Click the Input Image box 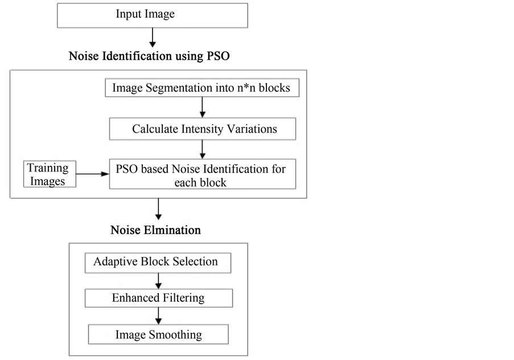point(153,15)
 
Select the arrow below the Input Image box point(153,38)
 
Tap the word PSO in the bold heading point(218,56)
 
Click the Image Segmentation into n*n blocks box point(202,88)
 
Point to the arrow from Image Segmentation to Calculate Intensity point(202,107)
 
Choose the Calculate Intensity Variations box point(203,129)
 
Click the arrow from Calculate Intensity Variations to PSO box point(202,150)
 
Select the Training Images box point(50,174)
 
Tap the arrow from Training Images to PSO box point(93,174)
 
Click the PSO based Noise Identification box point(203,174)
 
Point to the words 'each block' point(200,182)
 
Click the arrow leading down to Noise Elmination point(158,209)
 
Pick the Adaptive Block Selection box point(158,263)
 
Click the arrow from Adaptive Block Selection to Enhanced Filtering point(158,281)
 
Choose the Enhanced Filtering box point(159,298)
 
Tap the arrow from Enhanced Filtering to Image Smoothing point(158,316)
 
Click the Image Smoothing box point(158,334)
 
